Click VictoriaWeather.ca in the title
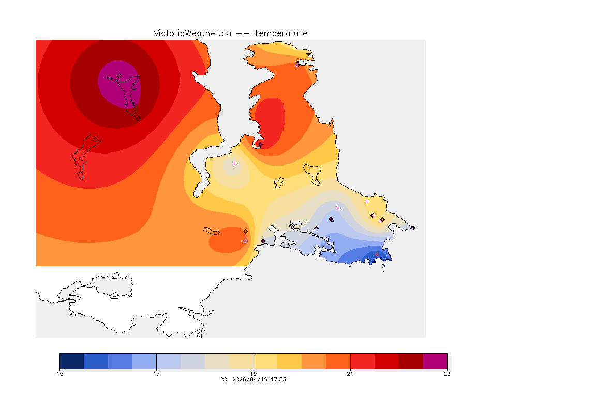(192, 33)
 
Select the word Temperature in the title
(280, 33)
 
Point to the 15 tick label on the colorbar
(60, 374)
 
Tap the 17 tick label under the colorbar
(157, 374)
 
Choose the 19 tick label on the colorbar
(254, 374)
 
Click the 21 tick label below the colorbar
(350, 374)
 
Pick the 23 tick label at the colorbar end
(446, 374)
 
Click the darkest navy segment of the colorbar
(72, 360)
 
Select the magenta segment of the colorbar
(435, 360)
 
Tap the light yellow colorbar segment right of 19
(265, 360)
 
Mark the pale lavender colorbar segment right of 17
(169, 360)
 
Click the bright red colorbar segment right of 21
(362, 360)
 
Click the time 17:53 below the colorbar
(278, 379)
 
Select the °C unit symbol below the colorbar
(224, 379)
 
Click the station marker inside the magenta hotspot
(119, 75)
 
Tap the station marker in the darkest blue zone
(377, 254)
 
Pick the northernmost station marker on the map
(297, 65)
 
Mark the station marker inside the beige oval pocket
(234, 163)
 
